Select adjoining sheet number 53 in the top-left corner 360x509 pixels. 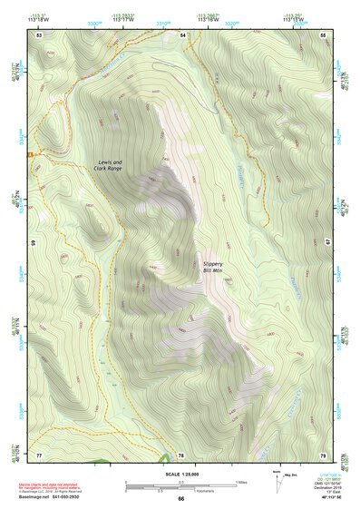point(39,34)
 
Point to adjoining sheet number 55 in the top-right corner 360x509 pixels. point(324,34)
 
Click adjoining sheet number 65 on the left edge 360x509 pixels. point(34,244)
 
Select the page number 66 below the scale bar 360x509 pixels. point(180,498)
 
